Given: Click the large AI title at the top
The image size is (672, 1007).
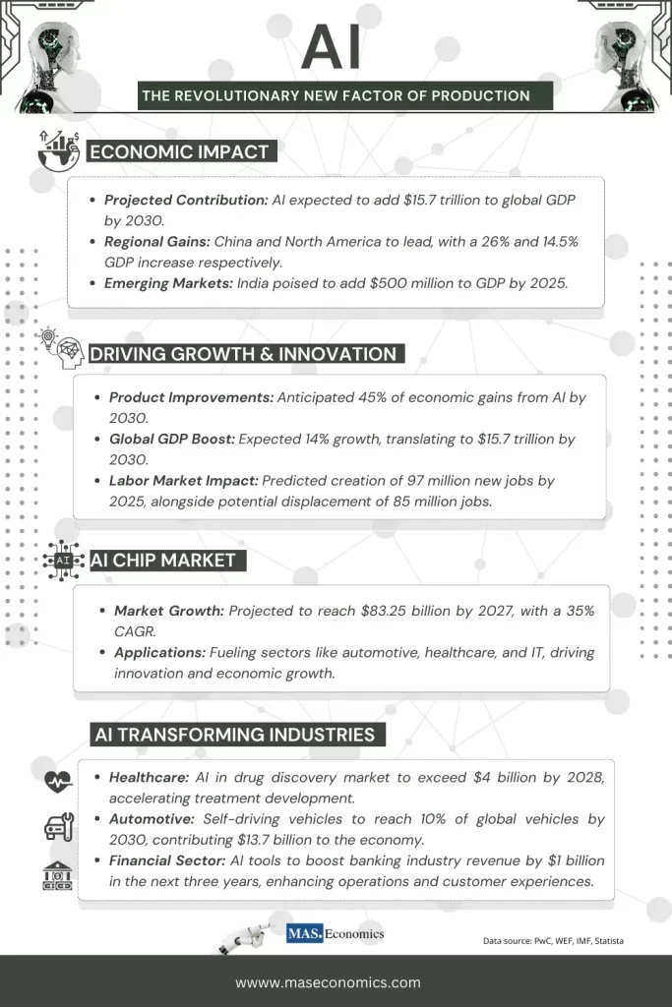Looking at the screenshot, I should tap(331, 46).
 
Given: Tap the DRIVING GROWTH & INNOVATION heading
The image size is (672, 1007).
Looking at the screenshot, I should tap(243, 354).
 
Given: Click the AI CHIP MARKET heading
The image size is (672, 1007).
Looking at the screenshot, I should tap(163, 560).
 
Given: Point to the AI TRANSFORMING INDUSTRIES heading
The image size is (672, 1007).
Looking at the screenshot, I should tap(233, 734).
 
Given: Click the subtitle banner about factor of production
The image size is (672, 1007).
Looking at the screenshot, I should tap(336, 95).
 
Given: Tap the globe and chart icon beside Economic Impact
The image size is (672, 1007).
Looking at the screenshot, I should tap(58, 149).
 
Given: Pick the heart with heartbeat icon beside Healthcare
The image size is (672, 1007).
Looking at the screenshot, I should tap(58, 781).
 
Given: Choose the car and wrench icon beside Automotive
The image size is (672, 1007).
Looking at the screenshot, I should tap(58, 826).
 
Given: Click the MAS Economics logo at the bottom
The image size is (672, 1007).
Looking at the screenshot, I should tap(335, 934).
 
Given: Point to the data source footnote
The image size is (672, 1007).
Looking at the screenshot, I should tap(553, 941).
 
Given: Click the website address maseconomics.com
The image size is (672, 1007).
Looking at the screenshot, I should tap(328, 981).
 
